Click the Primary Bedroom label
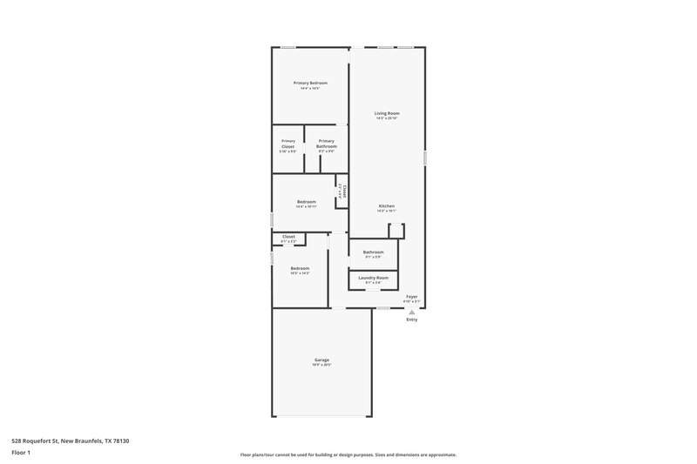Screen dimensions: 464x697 coord(310,83)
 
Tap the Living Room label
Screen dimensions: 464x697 coord(387,113)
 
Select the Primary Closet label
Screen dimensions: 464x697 coord(288,144)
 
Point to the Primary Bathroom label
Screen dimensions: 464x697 coord(326,144)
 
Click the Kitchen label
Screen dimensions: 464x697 coord(387,206)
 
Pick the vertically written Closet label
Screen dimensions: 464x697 coord(344,191)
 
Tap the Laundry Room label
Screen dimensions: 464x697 coord(373,277)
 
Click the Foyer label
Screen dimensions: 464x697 coord(411,297)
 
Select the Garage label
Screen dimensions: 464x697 coord(321,360)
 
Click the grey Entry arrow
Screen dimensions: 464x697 coord(411,310)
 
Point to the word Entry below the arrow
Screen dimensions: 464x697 coord(411,319)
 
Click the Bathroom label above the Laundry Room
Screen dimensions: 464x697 coord(373,252)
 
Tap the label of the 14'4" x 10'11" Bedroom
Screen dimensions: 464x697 coord(306,202)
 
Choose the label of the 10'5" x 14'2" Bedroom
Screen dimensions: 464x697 coord(300,268)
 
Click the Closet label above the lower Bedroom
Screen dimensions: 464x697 coord(288,236)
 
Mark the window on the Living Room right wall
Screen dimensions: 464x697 coord(424,158)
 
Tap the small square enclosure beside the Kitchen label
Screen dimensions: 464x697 coord(396,230)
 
